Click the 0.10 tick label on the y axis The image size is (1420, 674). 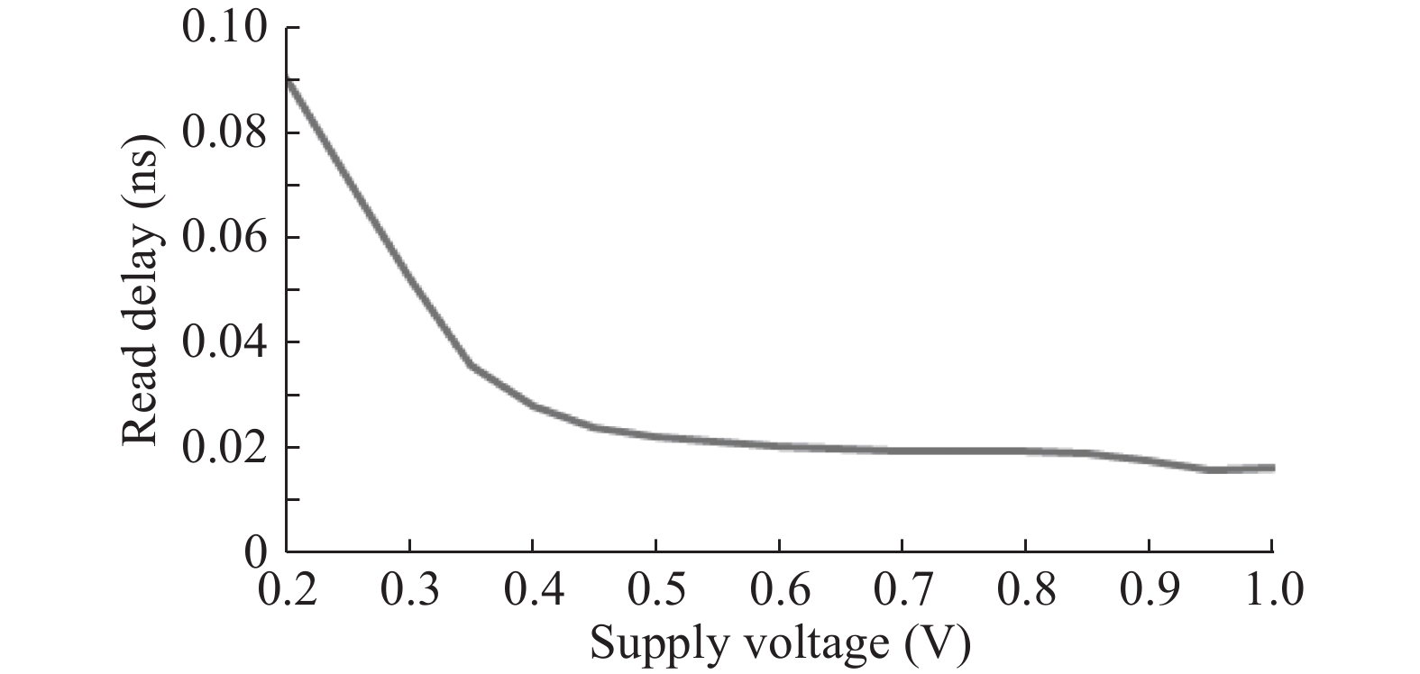224,28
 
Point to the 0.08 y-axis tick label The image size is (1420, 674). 224,133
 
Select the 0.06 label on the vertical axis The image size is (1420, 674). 224,238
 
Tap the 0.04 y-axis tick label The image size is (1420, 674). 224,343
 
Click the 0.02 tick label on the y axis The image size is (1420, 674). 224,448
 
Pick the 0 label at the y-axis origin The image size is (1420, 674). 257,551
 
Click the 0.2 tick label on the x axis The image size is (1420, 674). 288,591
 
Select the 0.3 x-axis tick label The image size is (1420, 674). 410,591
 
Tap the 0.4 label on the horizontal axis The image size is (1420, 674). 533,591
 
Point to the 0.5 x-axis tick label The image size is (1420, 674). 656,591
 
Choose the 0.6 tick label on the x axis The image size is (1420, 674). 779,591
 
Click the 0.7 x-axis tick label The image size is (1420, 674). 902,591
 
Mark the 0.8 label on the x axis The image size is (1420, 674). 1025,591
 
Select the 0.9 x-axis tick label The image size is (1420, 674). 1149,591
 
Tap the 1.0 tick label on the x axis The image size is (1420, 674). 1271,591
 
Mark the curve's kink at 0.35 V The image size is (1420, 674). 472,365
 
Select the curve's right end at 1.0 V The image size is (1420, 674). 1271,468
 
